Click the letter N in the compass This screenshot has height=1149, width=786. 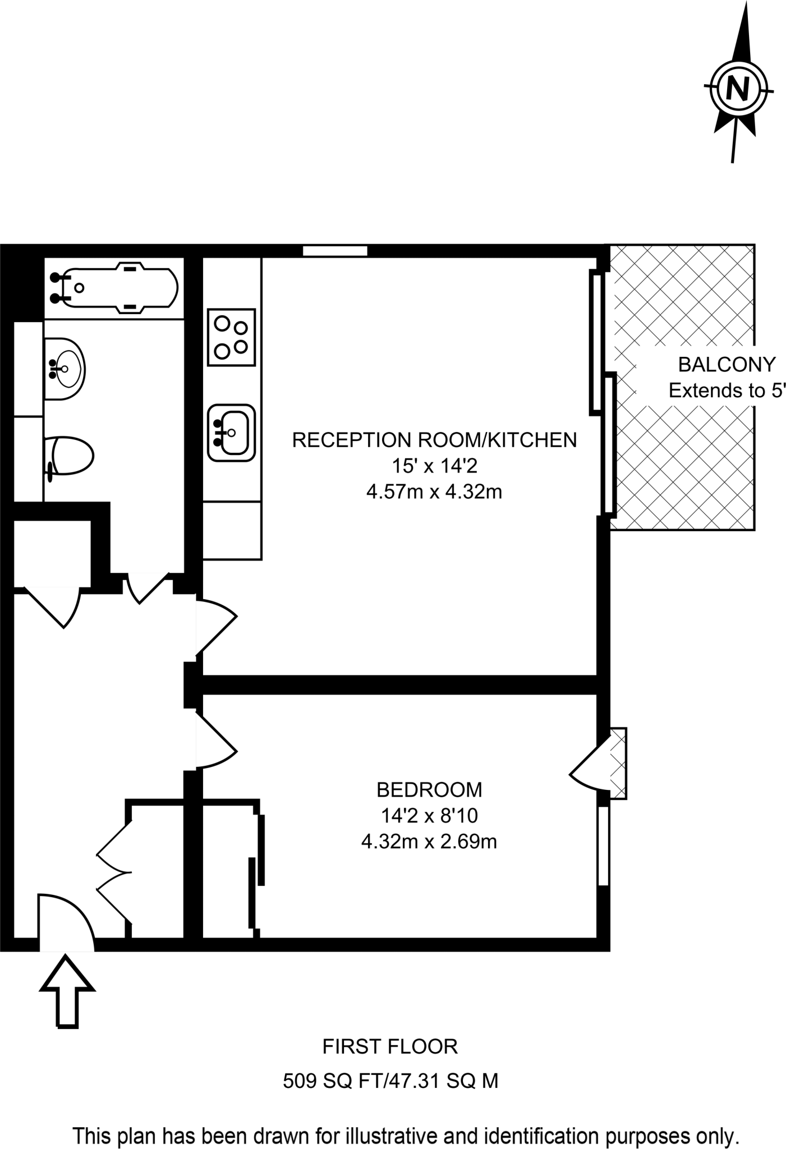click(x=738, y=88)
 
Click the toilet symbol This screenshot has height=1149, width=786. click(x=71, y=456)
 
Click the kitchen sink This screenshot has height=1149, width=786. click(x=232, y=433)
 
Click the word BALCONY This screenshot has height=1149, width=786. click(x=727, y=365)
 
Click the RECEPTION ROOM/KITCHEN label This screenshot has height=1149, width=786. click(x=434, y=440)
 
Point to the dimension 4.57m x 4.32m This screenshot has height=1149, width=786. click(x=434, y=492)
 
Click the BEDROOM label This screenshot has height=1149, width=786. click(x=429, y=790)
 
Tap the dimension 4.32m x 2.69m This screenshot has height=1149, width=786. click(x=429, y=842)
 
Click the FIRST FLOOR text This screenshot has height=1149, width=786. click(x=390, y=1046)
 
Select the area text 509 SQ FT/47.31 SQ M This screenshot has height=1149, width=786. click(x=390, y=1080)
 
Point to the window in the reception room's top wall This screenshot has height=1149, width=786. click(x=335, y=251)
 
